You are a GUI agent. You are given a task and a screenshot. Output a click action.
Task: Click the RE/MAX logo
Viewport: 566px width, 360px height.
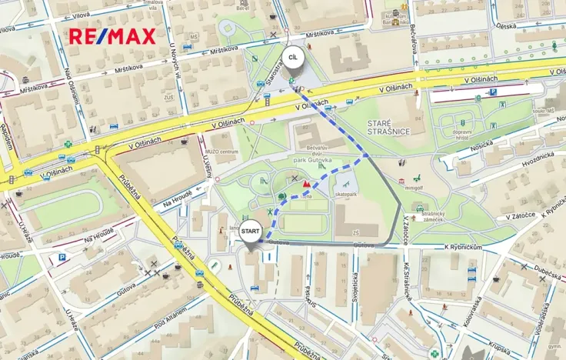(112, 35)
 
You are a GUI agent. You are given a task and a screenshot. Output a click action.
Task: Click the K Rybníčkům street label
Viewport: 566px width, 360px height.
(463, 247)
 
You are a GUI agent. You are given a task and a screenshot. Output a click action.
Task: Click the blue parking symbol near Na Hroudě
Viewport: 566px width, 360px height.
(62, 258)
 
